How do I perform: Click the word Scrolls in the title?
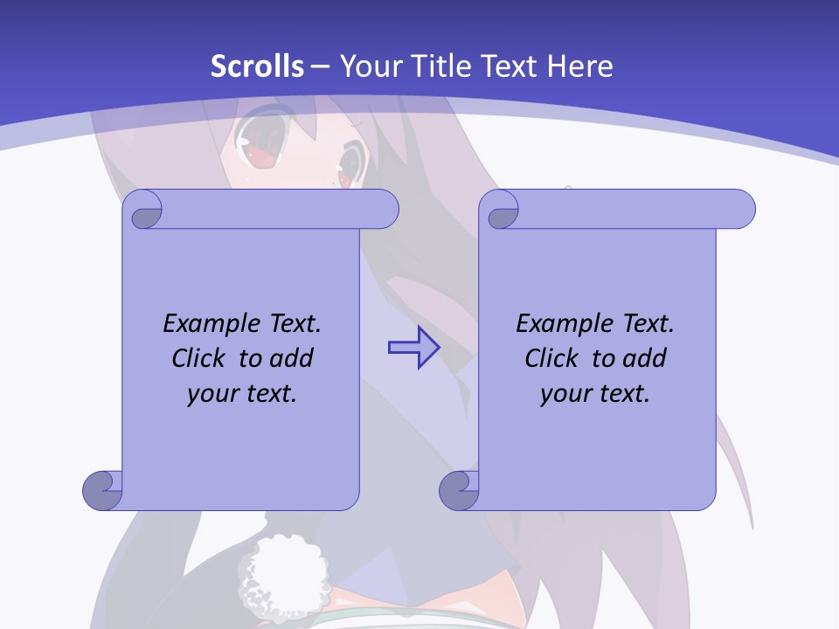coord(258,66)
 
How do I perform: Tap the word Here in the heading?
coord(580,66)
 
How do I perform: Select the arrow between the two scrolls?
coord(413,348)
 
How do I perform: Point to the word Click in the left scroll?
coord(201,358)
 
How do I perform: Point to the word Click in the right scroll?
coord(554,358)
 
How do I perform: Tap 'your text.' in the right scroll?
coord(595,393)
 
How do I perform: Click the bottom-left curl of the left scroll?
coord(103,489)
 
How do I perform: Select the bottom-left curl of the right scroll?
coord(460,489)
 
